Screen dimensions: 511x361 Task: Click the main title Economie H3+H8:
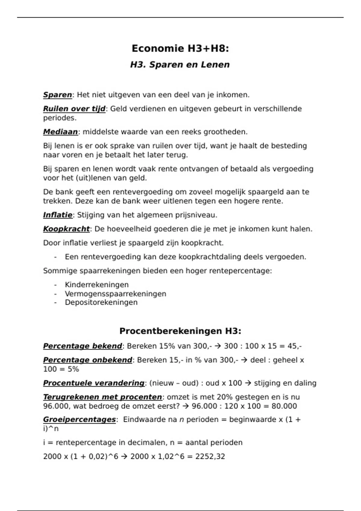coord(180,48)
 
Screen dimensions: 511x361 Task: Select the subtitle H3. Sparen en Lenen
coord(180,65)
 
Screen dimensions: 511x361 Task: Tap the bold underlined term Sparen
coord(57,95)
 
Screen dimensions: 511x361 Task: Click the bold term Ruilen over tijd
coord(74,109)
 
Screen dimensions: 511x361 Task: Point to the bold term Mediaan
coord(60,132)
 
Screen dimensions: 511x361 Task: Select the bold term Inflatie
coord(57,215)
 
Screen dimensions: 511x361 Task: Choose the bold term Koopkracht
coord(66,229)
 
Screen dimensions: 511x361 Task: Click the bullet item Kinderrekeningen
coord(97,285)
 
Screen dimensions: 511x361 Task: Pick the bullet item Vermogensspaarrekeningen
coord(115,294)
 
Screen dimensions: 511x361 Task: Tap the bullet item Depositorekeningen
coord(101,302)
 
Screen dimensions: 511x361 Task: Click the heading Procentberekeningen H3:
coord(180,331)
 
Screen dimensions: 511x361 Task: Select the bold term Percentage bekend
coord(82,346)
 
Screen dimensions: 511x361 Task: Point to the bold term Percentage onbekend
coord(88,360)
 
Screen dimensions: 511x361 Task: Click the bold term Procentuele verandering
coord(94,383)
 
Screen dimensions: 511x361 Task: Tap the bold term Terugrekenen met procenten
coord(102,397)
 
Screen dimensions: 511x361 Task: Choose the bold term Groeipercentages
coord(79,420)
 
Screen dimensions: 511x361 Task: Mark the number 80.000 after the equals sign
coord(284,406)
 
